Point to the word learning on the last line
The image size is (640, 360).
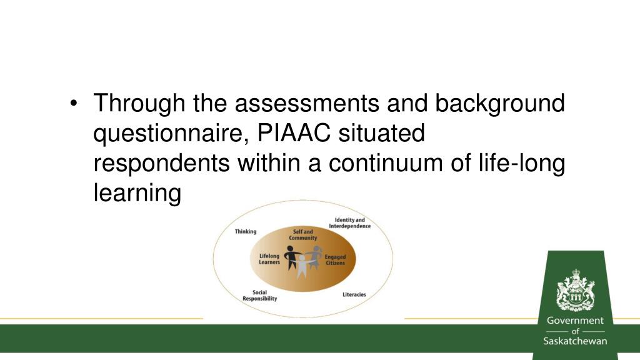pos(137,194)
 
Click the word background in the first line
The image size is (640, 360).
pos(500,103)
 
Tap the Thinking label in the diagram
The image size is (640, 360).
pos(245,231)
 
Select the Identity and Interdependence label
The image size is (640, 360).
pos(349,223)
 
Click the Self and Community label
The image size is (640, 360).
pos(302,235)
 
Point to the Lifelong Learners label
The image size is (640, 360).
pos(269,259)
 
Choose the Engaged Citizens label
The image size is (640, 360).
pos(334,260)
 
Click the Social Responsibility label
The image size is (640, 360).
pos(259,296)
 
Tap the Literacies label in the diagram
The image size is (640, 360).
pos(354,294)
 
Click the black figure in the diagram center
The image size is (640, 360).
pos(291,257)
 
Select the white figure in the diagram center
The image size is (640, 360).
pos(302,265)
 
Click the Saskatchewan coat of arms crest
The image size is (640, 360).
pos(575,291)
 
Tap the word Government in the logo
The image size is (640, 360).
pos(575,321)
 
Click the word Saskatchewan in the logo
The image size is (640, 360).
pos(575,341)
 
